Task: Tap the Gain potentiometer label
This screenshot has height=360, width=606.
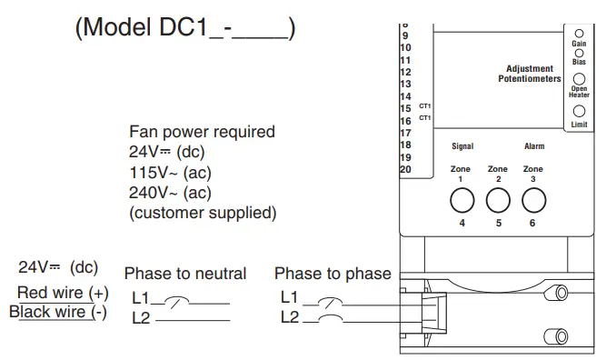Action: pos(579,43)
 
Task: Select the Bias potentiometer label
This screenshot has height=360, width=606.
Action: pos(579,62)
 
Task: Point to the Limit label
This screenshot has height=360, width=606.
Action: pos(579,124)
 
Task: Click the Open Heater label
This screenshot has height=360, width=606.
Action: pos(579,91)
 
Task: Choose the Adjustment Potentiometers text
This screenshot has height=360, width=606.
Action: pos(530,74)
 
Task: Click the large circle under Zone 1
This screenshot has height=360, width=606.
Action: pos(461,200)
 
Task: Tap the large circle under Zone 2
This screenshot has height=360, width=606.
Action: pos(497,200)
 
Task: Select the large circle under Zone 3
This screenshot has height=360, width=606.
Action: pos(533,200)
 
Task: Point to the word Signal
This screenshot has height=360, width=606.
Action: pos(462,146)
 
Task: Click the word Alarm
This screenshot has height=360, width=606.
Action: pos(534,146)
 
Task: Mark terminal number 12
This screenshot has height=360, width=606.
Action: pos(405,71)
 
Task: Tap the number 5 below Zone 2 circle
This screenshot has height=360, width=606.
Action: pos(498,223)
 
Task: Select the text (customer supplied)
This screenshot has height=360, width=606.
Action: pos(202,213)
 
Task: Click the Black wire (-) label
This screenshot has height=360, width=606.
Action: pos(58,312)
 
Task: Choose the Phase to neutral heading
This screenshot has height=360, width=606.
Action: pos(184,274)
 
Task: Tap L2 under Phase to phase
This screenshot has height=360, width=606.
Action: pos(290,316)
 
